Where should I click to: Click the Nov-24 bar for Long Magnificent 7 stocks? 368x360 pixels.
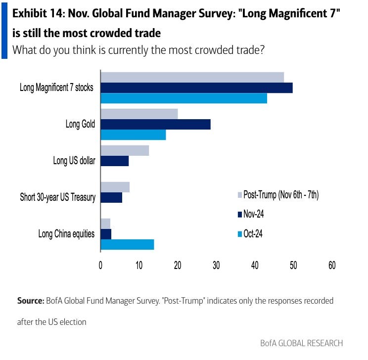tap(196, 88)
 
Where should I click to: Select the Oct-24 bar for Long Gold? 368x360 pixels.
tap(133, 135)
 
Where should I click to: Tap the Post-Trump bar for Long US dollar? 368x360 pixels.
tap(125, 150)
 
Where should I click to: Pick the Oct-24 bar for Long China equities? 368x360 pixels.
tap(127, 244)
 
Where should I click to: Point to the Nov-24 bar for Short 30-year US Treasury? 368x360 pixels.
tap(111, 197)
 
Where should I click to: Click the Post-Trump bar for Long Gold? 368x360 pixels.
tap(139, 114)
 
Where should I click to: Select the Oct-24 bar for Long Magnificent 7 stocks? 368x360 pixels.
tap(184, 98)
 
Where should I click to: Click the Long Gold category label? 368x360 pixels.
tap(80, 124)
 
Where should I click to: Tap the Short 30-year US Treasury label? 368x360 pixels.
tap(57, 197)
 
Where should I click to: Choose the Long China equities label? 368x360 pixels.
tap(66, 234)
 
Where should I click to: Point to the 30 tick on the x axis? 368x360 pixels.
tap(216, 265)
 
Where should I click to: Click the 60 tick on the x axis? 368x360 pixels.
tap(331, 265)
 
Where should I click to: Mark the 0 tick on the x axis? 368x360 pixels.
tap(100, 265)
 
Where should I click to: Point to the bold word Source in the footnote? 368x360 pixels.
tap(30, 300)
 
